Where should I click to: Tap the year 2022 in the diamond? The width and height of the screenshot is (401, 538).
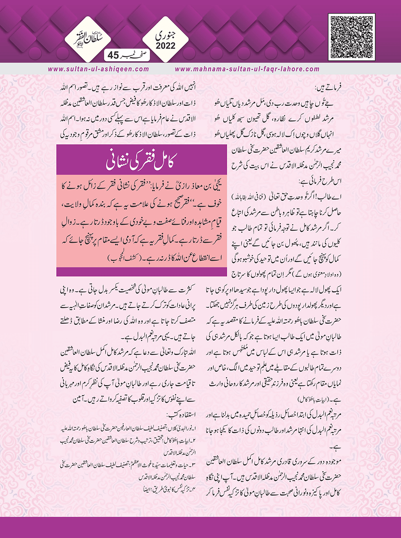coord(166,46)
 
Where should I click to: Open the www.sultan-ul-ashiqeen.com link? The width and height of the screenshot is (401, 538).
coord(98,69)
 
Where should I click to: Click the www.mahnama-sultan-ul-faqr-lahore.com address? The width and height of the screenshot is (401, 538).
coord(247,69)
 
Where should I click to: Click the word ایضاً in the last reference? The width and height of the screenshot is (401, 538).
coord(146,488)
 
